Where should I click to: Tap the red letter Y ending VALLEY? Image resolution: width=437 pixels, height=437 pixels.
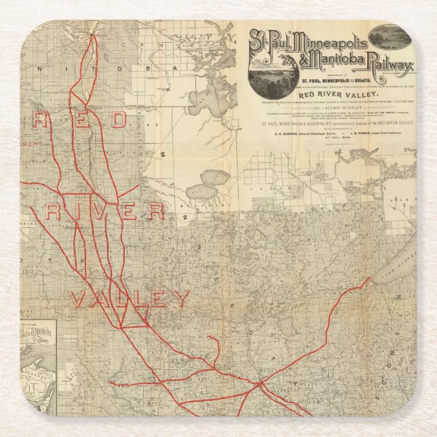tap(179, 299)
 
